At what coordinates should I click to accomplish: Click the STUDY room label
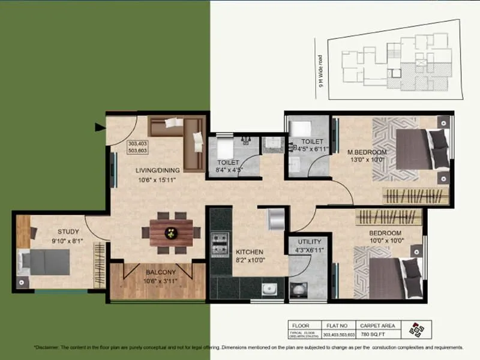pyautogui.click(x=68, y=231)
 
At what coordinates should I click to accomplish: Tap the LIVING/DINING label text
pyautogui.click(x=158, y=170)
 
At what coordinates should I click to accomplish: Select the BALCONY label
pyautogui.click(x=160, y=272)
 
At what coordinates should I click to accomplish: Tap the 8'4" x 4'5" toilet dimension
pyautogui.click(x=229, y=170)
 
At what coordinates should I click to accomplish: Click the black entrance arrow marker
pyautogui.click(x=99, y=127)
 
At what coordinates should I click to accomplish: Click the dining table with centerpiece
pyautogui.click(x=172, y=232)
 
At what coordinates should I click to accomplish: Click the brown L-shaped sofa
pyautogui.click(x=180, y=141)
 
